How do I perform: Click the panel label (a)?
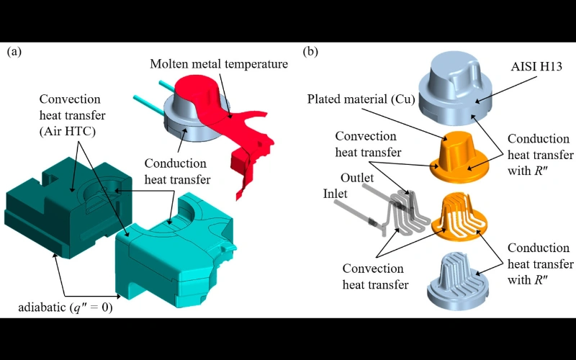(14, 52)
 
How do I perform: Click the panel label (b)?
(310, 52)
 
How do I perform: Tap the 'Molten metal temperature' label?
(219, 64)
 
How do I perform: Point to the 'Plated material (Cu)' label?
(361, 99)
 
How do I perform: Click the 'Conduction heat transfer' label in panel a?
(176, 172)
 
